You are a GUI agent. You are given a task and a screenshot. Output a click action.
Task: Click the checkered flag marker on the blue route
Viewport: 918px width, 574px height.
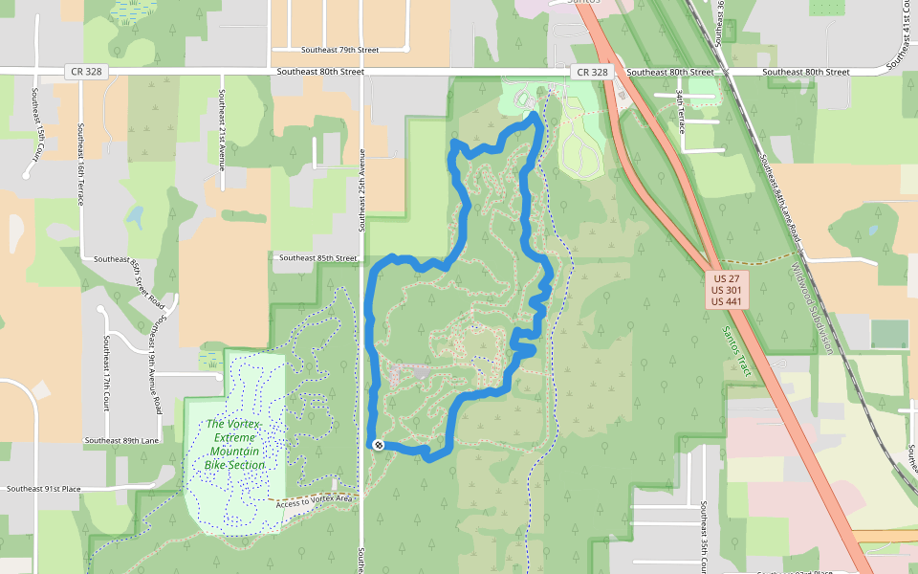point(379,445)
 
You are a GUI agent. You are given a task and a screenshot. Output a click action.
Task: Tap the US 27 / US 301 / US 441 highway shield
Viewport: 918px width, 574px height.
point(728,290)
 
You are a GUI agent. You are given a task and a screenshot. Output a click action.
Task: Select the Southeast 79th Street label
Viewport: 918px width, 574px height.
point(340,50)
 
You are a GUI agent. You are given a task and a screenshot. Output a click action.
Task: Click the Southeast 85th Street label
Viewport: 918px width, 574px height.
point(317,258)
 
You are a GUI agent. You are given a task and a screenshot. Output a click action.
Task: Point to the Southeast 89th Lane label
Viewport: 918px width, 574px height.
point(121,441)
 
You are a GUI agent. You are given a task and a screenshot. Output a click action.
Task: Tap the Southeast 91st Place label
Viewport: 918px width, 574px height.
point(44,489)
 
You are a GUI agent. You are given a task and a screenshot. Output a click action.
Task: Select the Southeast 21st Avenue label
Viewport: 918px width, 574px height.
point(221,128)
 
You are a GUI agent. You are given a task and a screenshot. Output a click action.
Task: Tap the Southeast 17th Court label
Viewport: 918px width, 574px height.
point(106,373)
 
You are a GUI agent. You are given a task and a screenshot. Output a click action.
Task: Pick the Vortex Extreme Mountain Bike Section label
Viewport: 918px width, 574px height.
point(234,445)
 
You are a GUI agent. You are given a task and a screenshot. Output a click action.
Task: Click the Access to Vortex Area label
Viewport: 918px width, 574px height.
point(315,499)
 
